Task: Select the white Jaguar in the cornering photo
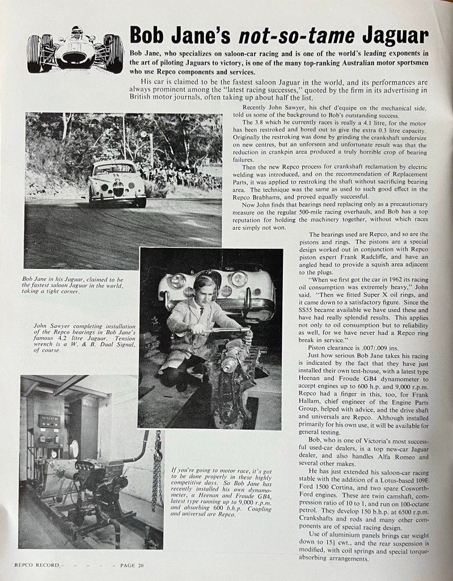[x=117, y=183]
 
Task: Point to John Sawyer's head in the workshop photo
[x=204, y=288]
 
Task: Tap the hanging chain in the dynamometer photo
[x=156, y=471]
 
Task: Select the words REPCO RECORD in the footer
[x=36, y=566]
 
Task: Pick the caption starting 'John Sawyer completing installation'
[x=78, y=338]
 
